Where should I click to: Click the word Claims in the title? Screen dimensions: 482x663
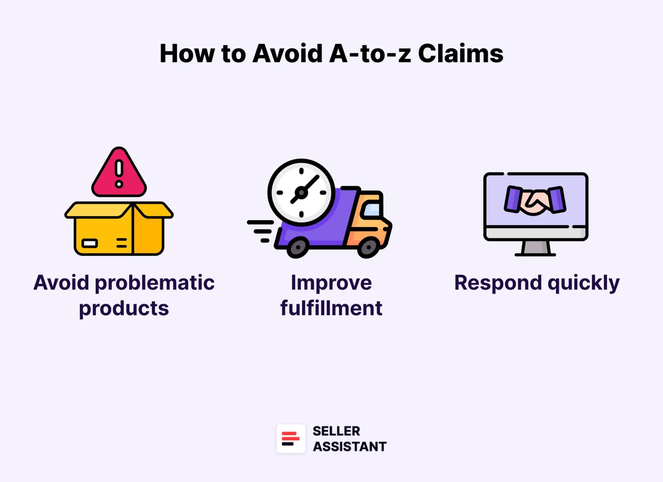[x=460, y=54]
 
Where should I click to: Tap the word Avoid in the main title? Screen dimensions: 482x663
[x=287, y=54]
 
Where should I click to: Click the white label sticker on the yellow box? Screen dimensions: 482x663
[x=89, y=243]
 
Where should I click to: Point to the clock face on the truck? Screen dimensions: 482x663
[x=301, y=192]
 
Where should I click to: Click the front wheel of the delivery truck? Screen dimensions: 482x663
[x=368, y=247]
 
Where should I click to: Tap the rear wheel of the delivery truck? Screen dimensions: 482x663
[x=297, y=247]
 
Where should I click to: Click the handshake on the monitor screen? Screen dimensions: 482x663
[x=535, y=200]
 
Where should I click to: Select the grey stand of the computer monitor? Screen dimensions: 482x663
[x=535, y=248]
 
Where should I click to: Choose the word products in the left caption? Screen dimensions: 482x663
[x=124, y=309]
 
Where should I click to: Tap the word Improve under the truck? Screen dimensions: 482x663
[x=331, y=283]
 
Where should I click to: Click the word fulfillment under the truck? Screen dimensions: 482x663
[x=331, y=308]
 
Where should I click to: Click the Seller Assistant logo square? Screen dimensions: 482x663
[x=291, y=438]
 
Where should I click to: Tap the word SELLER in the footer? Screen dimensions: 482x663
[x=336, y=431]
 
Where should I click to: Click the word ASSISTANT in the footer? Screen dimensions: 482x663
[x=349, y=447]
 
